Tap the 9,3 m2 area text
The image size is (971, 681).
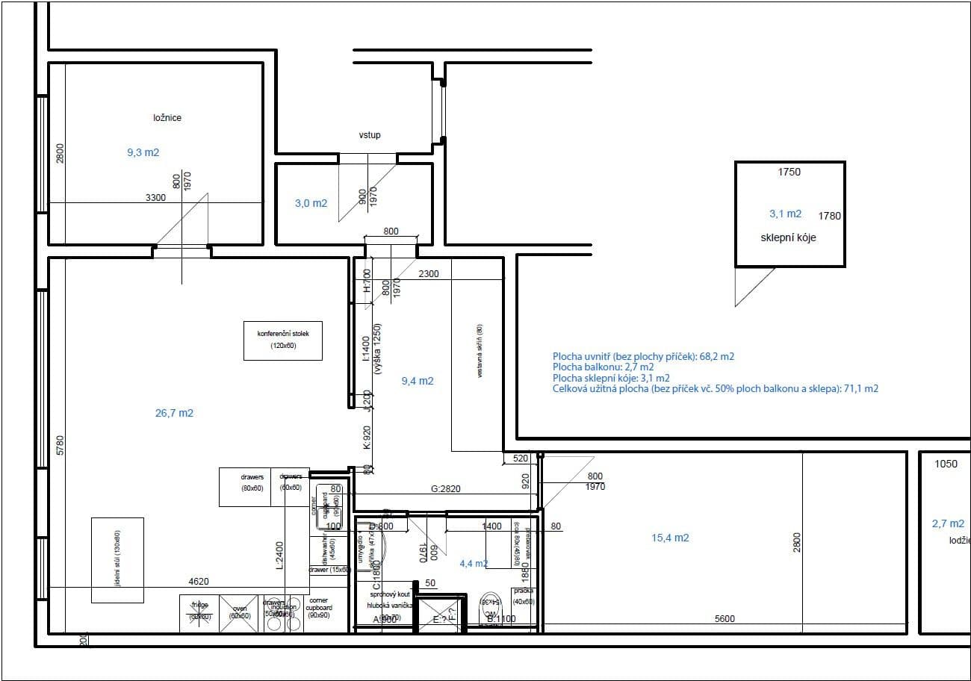[x=143, y=152]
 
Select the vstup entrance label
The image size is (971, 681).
[x=370, y=135]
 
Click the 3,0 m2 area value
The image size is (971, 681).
[x=311, y=203]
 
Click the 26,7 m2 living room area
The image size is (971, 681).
[x=174, y=413]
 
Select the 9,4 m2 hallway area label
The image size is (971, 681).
[x=417, y=381]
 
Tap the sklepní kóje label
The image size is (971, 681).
[x=788, y=237]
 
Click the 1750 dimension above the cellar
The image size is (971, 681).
[x=789, y=172]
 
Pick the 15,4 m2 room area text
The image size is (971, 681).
[x=670, y=538]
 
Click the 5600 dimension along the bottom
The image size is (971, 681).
[x=725, y=618]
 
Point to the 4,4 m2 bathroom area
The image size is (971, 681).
[x=474, y=564]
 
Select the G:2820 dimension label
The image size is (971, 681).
[x=446, y=489]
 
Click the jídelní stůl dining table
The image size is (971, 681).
[x=117, y=560]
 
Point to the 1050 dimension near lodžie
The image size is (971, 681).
[x=946, y=464]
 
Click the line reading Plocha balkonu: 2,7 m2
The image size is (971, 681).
[x=603, y=367]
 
